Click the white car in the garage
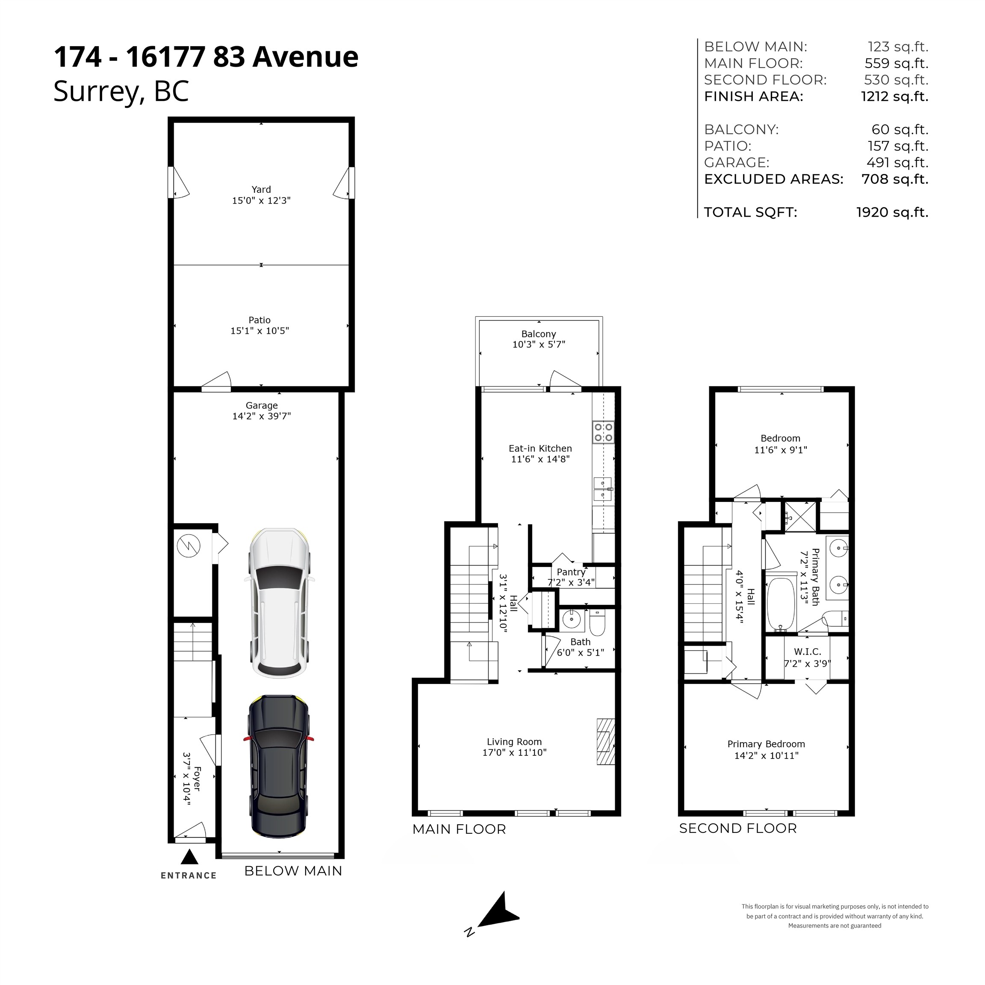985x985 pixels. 279,604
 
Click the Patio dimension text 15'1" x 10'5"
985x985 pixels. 260,331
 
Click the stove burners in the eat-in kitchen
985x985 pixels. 603,432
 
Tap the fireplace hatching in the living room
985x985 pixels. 606,742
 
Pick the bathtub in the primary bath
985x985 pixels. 781,604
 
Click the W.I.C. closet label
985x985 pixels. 807,652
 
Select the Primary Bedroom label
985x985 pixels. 766,744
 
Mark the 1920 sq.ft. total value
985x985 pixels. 892,212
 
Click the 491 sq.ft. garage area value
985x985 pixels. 897,162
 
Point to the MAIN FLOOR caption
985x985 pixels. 459,829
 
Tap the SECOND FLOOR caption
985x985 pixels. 738,829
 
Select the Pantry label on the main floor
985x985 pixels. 570,572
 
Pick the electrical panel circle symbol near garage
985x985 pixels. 189,546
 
